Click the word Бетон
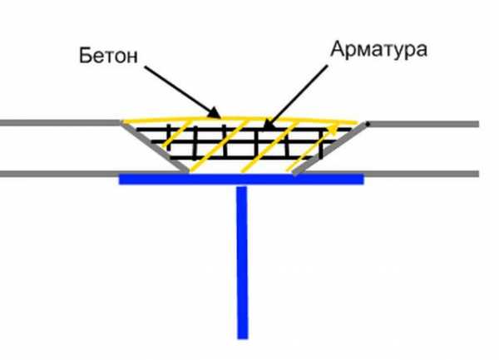tap(108, 56)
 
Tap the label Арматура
tap(378, 49)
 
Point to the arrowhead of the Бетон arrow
tap(214, 113)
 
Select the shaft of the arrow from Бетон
tap(178, 91)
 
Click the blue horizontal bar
tap(241, 179)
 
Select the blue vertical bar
tap(242, 263)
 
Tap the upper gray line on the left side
tap(61, 123)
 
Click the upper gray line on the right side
tap(422, 124)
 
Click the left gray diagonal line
tap(155, 147)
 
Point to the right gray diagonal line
tap(329, 149)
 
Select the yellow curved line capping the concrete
tap(240, 119)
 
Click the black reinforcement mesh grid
tap(243, 144)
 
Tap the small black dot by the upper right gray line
tap(368, 123)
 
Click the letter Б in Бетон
tap(85, 56)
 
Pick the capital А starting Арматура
tap(338, 49)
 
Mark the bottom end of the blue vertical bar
tap(243, 338)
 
